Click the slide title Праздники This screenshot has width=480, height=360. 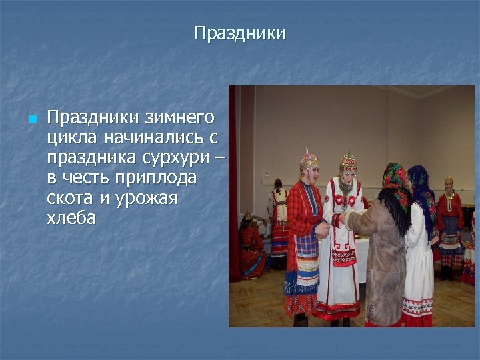tap(239, 33)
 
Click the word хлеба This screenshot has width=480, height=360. tap(71, 218)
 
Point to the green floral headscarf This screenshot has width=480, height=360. tap(394, 177)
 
